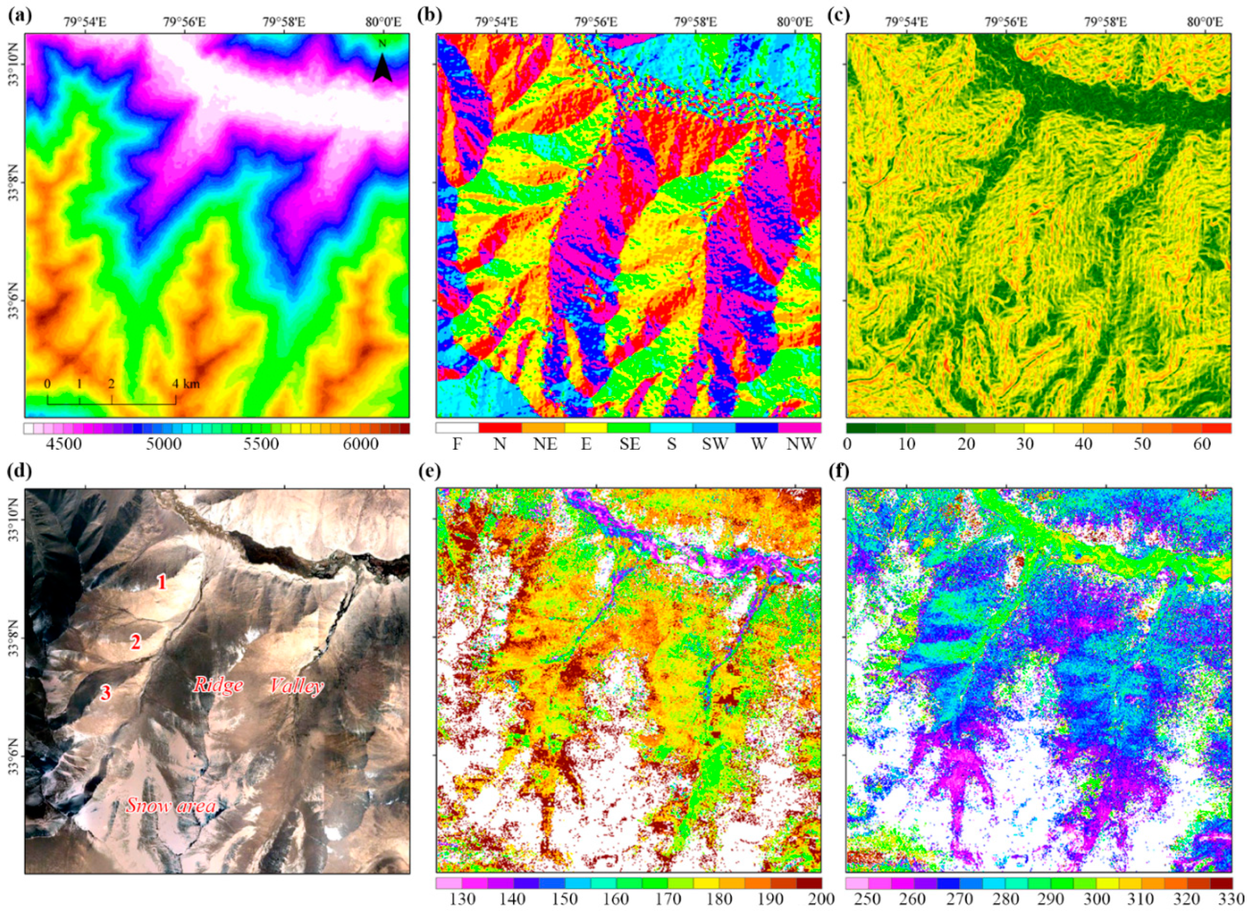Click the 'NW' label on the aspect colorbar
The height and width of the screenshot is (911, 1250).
coord(800,444)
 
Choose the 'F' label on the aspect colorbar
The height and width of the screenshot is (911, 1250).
coord(456,444)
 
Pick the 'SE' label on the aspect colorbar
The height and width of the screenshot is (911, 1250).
coord(629,444)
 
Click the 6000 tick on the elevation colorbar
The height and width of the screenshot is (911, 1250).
coord(359,444)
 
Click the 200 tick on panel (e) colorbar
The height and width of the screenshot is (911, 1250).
coord(812,898)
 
